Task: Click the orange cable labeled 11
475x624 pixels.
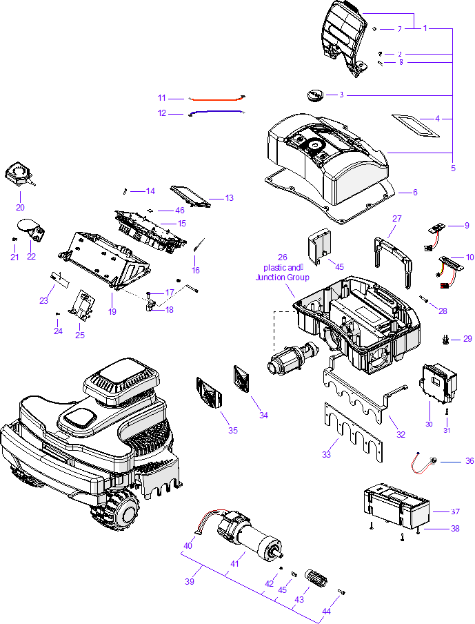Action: point(216,99)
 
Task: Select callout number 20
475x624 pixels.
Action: point(20,206)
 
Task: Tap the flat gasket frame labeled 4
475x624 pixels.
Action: point(415,126)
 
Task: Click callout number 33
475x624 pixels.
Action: point(327,453)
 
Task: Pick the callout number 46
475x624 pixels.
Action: point(180,210)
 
